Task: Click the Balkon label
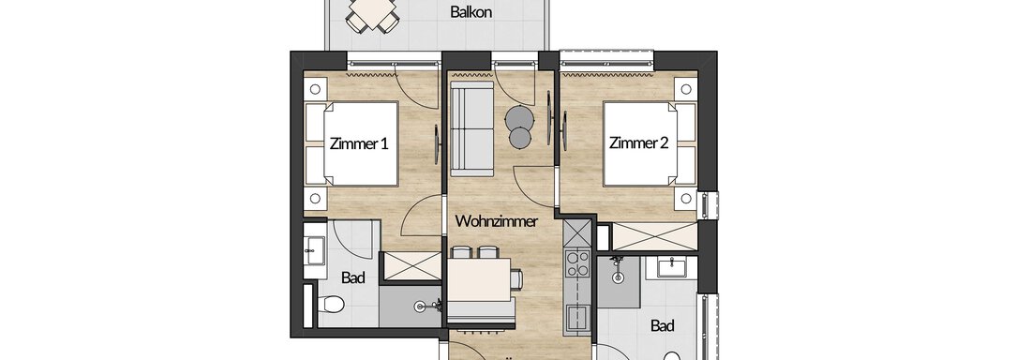tap(471, 12)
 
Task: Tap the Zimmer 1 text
tap(359, 143)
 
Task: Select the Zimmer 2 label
tap(639, 143)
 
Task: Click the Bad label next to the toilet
tap(353, 277)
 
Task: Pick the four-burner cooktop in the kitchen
tap(577, 263)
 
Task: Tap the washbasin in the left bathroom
tap(315, 251)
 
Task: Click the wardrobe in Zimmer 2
tap(653, 236)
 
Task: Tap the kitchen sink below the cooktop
tap(576, 319)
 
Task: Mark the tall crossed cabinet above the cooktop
tap(578, 233)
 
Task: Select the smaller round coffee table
tap(520, 138)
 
